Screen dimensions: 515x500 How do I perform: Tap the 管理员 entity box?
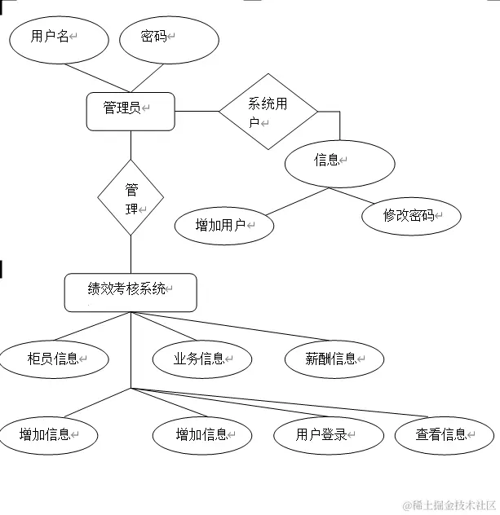tap(131, 111)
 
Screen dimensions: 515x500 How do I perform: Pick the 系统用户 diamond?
tap(268, 111)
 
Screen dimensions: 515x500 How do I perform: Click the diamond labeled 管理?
tap(131, 198)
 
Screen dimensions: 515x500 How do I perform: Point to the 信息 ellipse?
tap(339, 164)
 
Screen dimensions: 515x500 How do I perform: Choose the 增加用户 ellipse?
tap(224, 225)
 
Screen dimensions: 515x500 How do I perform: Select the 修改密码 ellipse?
tap(411, 216)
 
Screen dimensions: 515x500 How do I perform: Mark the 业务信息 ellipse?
tap(202, 359)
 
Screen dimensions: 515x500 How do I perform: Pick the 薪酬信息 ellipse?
tap(334, 359)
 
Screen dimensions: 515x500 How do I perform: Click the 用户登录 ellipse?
tap(328, 435)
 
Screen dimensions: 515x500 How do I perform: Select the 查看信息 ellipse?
tap(445, 435)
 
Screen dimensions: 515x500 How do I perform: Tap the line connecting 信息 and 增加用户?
tap(298, 201)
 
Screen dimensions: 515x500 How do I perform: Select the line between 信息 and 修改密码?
tap(352, 196)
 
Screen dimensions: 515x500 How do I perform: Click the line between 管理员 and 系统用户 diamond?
tap(197, 111)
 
